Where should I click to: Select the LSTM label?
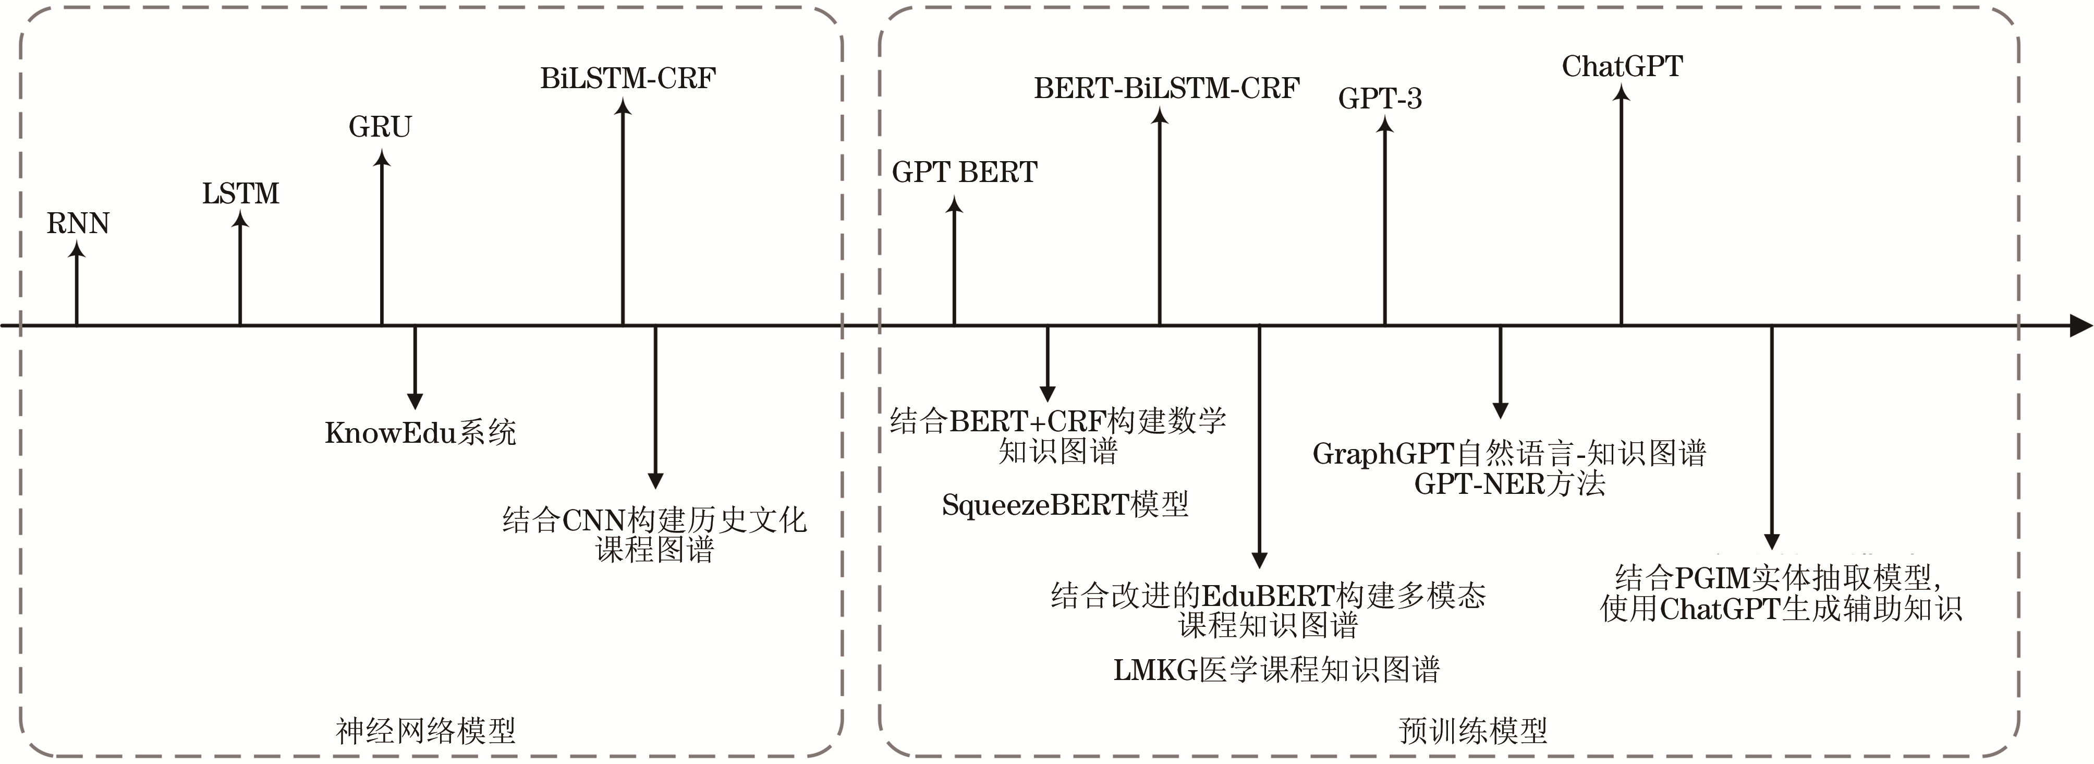[240, 193]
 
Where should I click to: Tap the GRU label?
[381, 127]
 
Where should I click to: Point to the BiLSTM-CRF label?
[628, 78]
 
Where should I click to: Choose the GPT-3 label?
[1380, 99]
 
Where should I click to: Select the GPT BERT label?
[964, 172]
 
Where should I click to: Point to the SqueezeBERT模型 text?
[1065, 505]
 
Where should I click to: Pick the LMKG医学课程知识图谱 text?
[1276, 670]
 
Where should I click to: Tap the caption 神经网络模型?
[425, 731]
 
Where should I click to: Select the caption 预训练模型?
[1472, 731]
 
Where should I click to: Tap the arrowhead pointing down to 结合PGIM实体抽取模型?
[1772, 541]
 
